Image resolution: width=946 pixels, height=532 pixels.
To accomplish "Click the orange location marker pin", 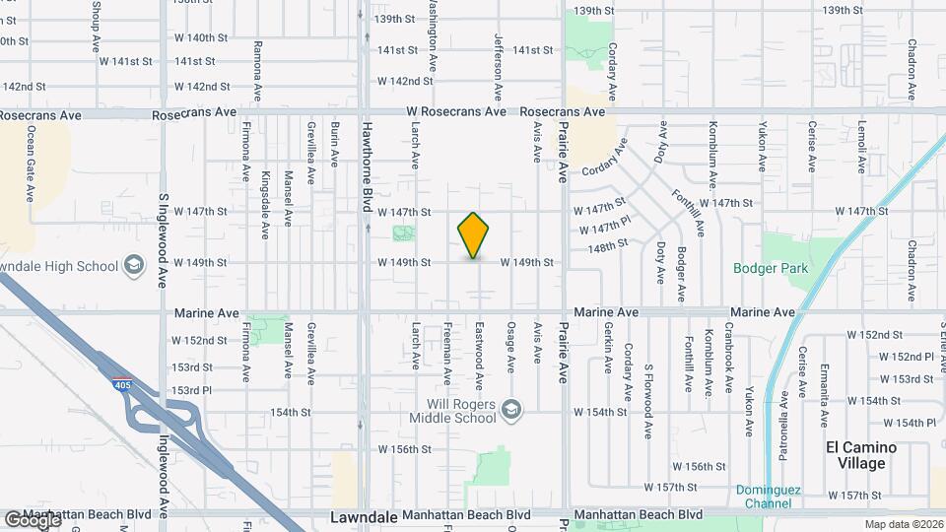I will pyautogui.click(x=474, y=235).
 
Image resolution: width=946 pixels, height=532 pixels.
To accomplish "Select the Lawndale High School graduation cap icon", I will pyautogui.click(x=133, y=266).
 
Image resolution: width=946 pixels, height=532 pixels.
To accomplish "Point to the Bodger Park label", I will pyautogui.click(x=770, y=268).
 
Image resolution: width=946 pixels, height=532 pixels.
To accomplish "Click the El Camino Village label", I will pyautogui.click(x=861, y=454).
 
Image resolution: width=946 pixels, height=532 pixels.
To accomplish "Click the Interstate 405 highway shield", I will pyautogui.click(x=121, y=382).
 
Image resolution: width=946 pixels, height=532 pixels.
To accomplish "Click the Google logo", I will pyautogui.click(x=32, y=519).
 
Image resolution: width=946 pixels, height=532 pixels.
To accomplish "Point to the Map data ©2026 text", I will pyautogui.click(x=903, y=524).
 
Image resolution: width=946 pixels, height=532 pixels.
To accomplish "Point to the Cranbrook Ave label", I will pyautogui.click(x=729, y=355).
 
